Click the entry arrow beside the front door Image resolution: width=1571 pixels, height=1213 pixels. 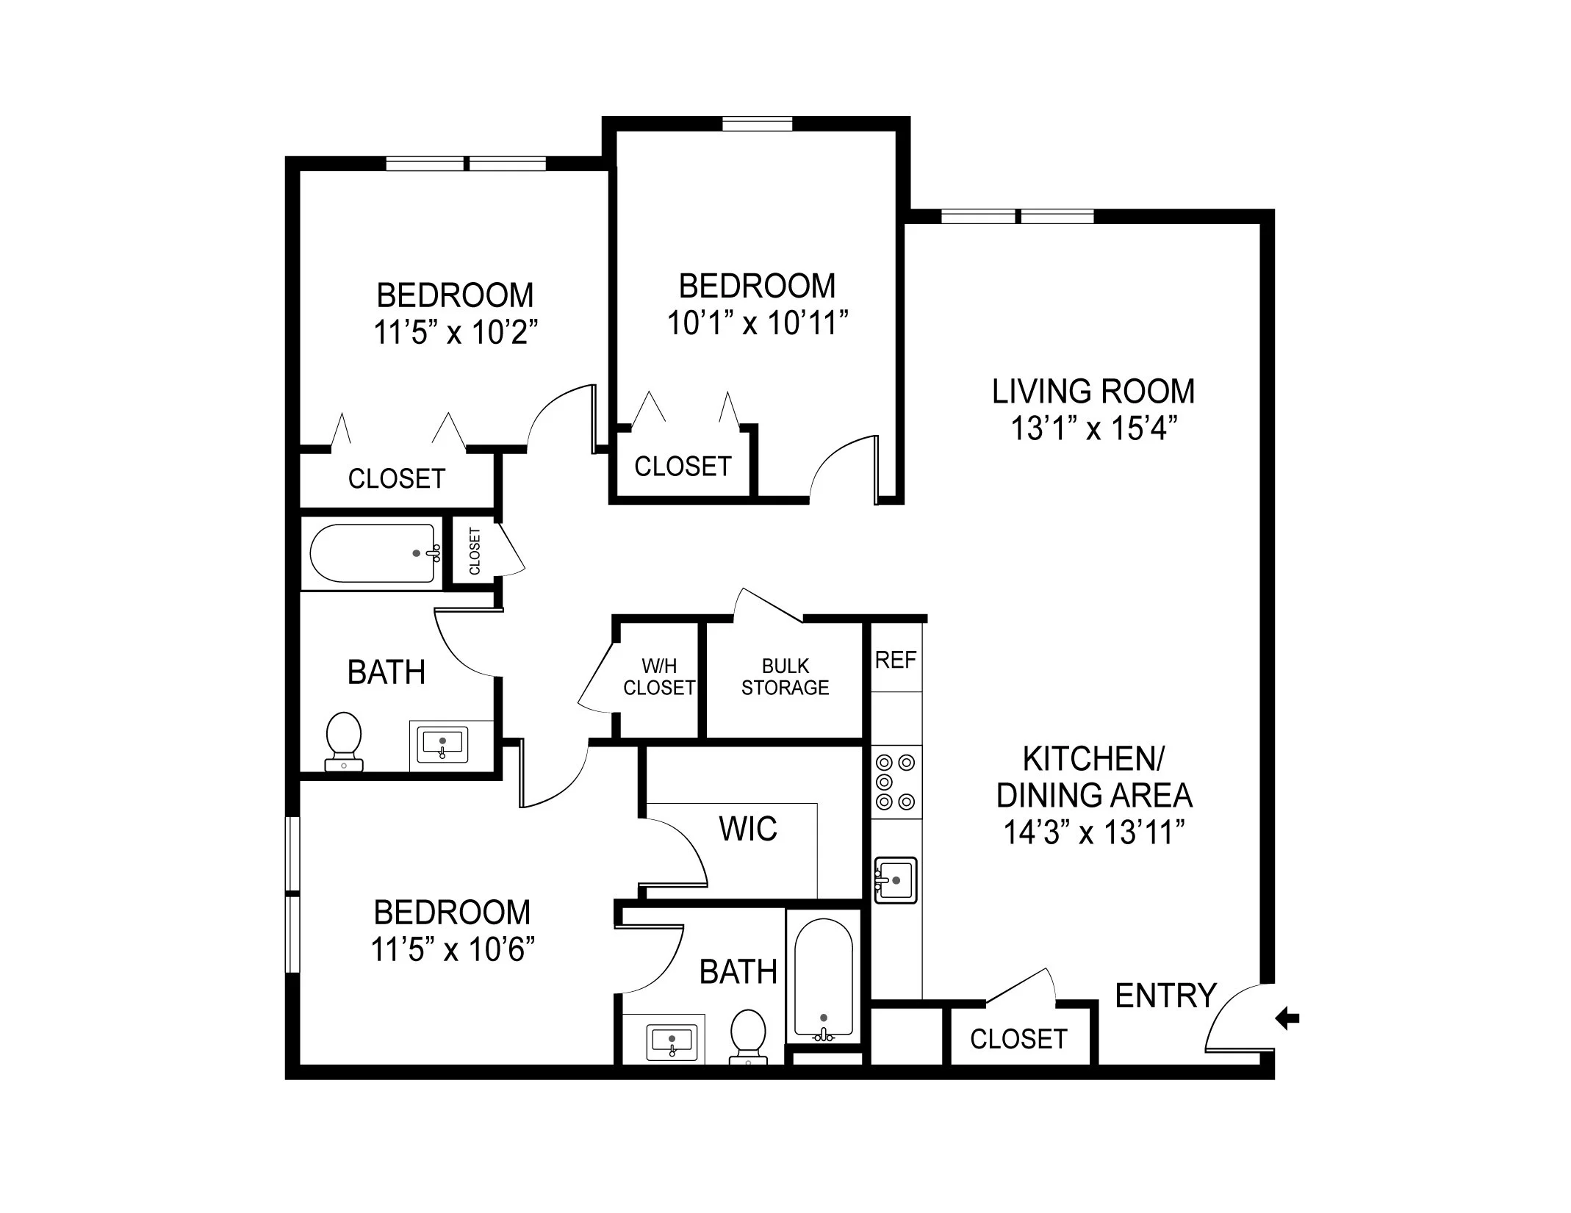click(1287, 1018)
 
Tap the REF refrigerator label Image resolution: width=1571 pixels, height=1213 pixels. click(895, 660)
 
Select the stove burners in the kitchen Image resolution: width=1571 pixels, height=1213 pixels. click(896, 782)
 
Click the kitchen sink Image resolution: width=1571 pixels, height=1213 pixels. click(896, 879)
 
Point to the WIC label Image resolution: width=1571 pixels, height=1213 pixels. click(748, 829)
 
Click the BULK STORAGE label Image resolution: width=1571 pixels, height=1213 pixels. click(785, 677)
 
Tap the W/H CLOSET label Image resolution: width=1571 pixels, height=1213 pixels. click(658, 677)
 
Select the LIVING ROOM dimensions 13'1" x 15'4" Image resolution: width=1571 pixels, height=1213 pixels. click(1093, 429)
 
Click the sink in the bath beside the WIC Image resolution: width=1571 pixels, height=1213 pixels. click(672, 1041)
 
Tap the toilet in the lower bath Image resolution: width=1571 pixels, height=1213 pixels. click(748, 1036)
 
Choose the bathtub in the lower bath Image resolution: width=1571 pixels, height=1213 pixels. click(824, 977)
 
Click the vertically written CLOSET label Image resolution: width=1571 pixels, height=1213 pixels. click(475, 551)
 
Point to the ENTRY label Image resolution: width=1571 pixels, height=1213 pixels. click(1165, 996)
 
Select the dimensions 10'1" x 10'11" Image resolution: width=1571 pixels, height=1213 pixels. click(758, 323)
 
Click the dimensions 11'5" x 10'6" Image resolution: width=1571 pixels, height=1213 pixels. click(452, 950)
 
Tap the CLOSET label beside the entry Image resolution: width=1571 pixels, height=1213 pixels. click(1018, 1039)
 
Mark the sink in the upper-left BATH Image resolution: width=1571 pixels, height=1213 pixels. click(442, 744)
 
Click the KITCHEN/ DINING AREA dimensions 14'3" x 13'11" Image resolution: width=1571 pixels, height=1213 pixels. click(1094, 833)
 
